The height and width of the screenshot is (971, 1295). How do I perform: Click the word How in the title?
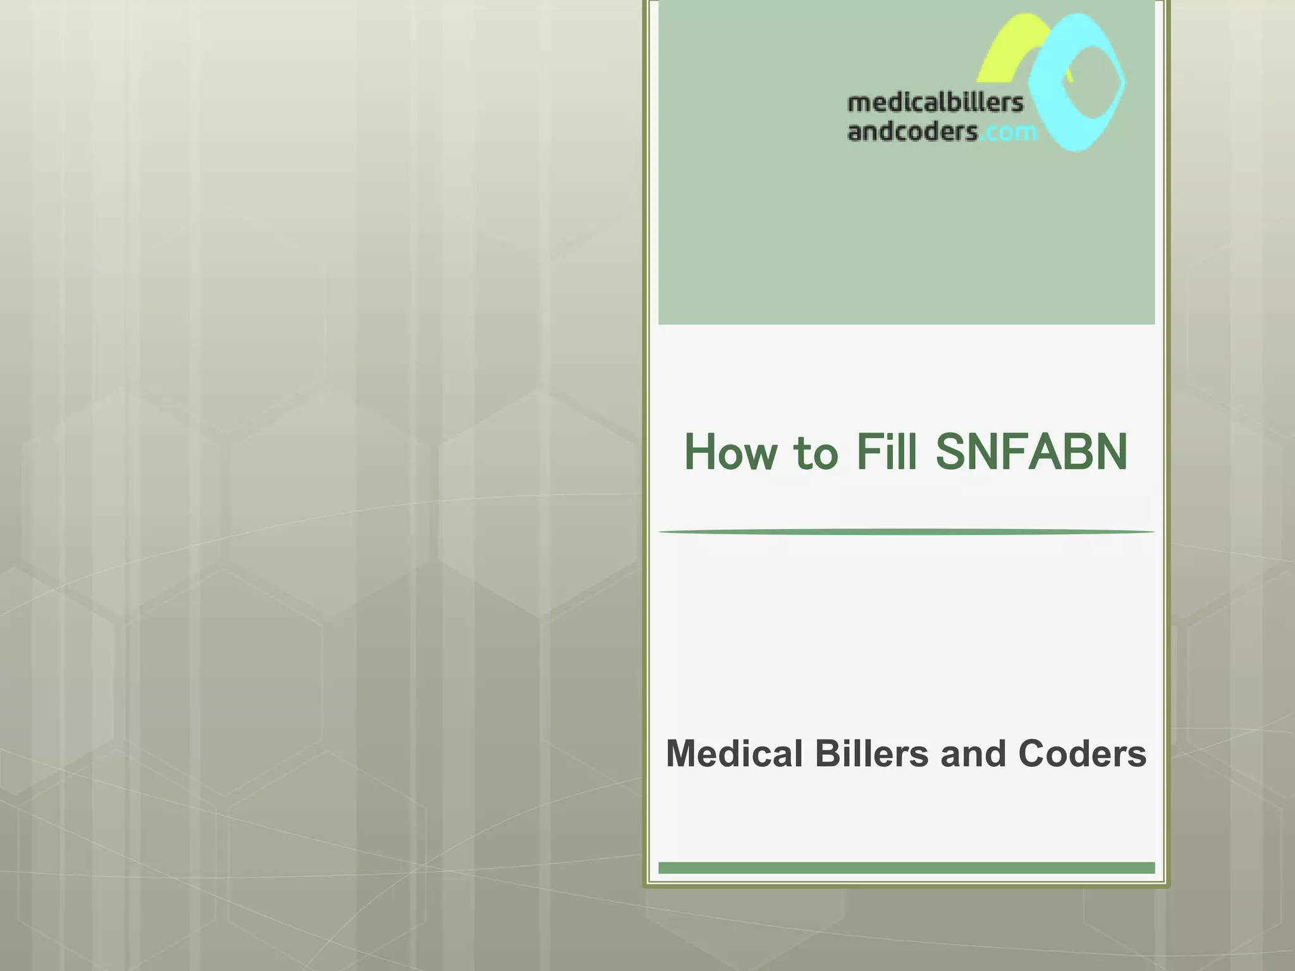[731, 452]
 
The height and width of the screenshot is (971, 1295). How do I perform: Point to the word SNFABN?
[1031, 452]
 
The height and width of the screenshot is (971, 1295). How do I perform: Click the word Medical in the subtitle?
[734, 754]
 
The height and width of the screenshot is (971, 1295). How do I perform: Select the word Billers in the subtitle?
[872, 754]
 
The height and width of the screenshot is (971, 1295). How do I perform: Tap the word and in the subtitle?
[973, 754]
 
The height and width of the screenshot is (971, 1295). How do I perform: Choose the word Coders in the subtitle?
[1082, 754]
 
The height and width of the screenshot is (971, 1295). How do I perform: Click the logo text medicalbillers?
[935, 103]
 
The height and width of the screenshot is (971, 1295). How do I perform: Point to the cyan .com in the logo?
[1009, 132]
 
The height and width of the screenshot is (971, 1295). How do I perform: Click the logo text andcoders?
[912, 131]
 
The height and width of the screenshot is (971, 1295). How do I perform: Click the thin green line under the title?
[906, 532]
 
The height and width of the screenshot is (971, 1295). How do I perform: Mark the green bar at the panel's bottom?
[906, 868]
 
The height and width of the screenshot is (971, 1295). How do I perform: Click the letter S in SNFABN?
[953, 452]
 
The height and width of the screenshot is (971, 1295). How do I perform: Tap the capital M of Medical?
[682, 754]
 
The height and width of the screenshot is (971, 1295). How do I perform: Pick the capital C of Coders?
[1032, 754]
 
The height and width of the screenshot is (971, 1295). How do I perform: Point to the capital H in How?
[701, 452]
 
